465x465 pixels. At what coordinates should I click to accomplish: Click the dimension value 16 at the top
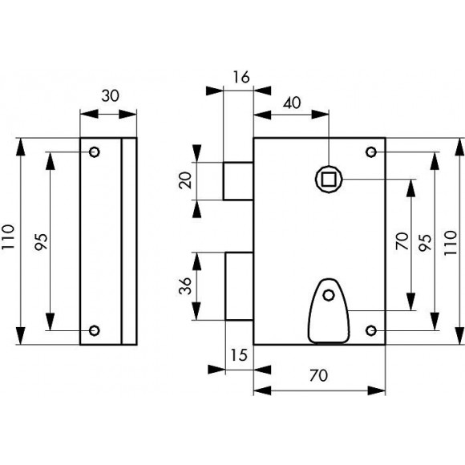click(241, 77)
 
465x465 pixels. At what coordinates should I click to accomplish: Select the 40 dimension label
click(292, 103)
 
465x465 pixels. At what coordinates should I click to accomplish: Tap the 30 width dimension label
click(111, 96)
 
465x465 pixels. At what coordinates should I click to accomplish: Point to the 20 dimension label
click(186, 180)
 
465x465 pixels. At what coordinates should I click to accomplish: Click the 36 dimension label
click(186, 285)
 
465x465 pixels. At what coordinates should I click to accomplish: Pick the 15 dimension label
click(239, 355)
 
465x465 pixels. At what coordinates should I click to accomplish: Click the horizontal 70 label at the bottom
click(318, 376)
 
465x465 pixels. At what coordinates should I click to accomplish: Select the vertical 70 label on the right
click(402, 241)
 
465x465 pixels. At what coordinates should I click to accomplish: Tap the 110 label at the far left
click(8, 237)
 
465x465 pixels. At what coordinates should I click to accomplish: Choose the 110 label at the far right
click(451, 243)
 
